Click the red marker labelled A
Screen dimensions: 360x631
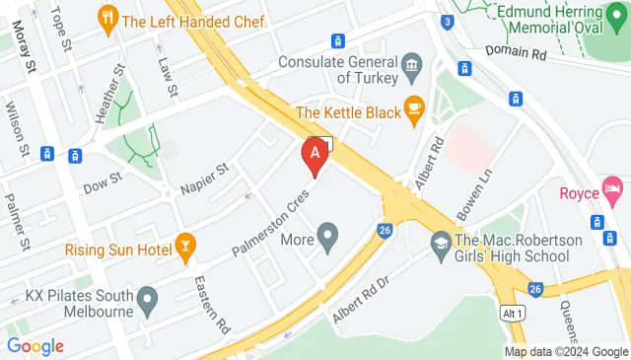click(315, 155)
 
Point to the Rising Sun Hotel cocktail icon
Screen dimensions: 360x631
click(184, 249)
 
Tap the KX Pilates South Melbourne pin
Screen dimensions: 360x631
click(148, 297)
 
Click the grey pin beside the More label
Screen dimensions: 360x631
click(327, 238)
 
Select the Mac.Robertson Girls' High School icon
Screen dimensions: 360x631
click(440, 241)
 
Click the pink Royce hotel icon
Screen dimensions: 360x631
click(613, 187)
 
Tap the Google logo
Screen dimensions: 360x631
click(35, 346)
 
